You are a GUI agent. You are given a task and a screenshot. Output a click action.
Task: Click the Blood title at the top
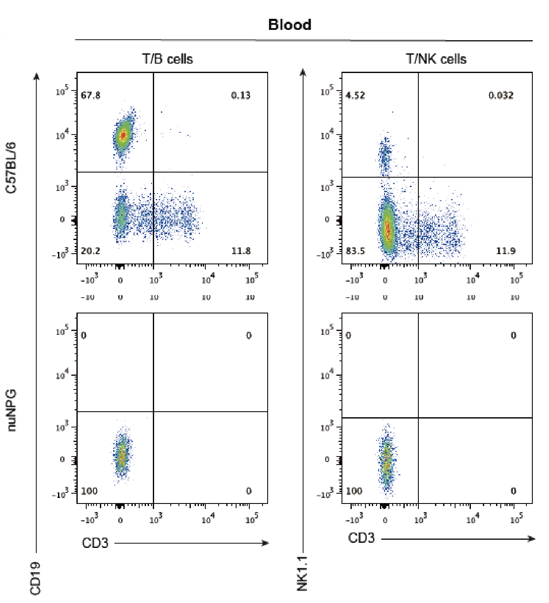pos(289,25)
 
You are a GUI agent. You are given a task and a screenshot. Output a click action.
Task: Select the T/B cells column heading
pos(167,59)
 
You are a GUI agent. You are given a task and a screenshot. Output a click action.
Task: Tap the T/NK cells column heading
pos(436,59)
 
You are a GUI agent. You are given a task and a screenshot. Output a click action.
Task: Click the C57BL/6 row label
pos(11,167)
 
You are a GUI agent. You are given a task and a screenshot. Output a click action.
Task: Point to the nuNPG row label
pos(11,410)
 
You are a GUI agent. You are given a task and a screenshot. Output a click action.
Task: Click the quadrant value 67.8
pos(91,95)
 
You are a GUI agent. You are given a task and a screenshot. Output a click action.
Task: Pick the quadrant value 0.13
pos(241,95)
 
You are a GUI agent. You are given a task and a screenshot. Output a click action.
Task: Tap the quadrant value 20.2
pos(91,251)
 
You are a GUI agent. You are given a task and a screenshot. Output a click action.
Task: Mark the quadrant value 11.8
pos(241,251)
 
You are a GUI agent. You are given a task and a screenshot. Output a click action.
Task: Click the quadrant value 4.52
pos(355,95)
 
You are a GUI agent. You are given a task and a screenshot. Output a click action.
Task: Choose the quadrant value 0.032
pos(501,95)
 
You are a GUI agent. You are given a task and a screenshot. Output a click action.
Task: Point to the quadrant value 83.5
pos(355,251)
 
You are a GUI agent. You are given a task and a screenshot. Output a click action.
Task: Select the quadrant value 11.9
pos(505,251)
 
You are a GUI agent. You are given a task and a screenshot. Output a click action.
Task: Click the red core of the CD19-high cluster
pos(123,135)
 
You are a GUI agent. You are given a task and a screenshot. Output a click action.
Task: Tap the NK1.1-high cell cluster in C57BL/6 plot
pos(385,156)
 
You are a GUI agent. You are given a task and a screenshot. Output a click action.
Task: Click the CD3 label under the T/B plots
pos(95,543)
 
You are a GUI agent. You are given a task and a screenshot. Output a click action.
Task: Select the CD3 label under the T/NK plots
pos(361,538)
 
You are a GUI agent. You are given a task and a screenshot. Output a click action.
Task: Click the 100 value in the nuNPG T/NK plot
pos(354,491)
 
